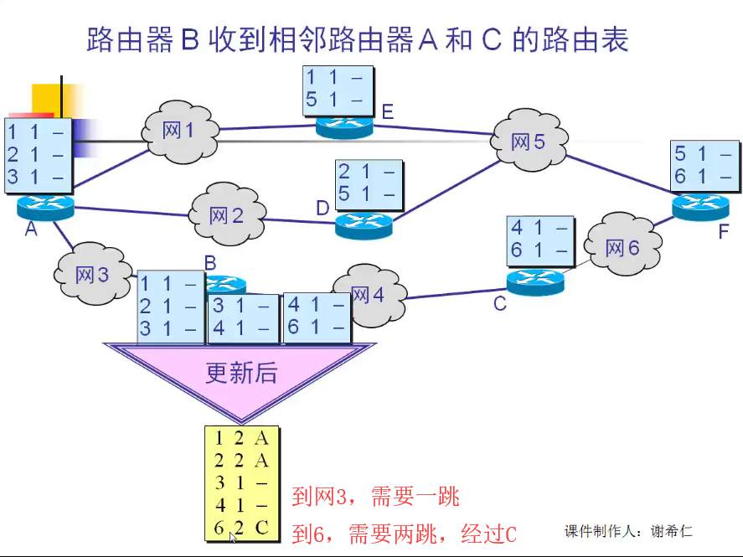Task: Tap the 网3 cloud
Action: coord(92,273)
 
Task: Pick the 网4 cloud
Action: coord(369,295)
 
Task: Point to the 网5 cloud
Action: coord(529,141)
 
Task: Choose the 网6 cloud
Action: coord(622,247)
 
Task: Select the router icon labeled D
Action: coord(364,224)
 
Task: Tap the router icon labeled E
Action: coord(344,126)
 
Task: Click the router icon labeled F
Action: coord(700,204)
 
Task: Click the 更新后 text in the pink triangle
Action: coord(241,373)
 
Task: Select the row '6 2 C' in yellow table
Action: coord(241,529)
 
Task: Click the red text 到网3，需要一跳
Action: coord(376,497)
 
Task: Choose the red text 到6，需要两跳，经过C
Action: coord(404,534)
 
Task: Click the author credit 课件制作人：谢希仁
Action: coord(629,531)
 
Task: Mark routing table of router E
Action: coord(335,90)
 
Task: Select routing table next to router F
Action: coord(704,165)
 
